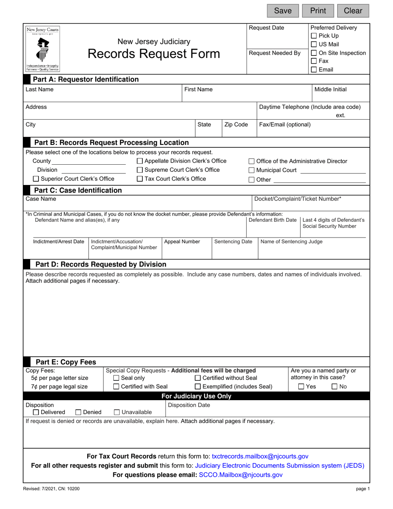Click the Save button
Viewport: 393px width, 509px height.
[283, 11]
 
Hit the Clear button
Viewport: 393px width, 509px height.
[353, 11]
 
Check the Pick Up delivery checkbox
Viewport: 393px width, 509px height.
[314, 36]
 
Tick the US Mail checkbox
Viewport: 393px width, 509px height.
[314, 45]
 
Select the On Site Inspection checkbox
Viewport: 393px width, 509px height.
[314, 53]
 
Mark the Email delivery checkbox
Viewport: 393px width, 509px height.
[314, 70]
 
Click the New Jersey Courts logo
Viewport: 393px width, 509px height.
[43, 49]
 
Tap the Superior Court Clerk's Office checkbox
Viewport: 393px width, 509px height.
[36, 179]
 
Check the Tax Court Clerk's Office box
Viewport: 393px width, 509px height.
[140, 179]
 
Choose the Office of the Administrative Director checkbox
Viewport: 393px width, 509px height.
[252, 161]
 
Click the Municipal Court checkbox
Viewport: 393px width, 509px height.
[252, 170]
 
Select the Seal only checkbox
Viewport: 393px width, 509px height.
[116, 378]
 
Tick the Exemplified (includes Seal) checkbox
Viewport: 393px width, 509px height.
[198, 387]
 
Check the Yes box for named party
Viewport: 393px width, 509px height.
[302, 387]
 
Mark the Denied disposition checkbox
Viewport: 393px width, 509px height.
[79, 413]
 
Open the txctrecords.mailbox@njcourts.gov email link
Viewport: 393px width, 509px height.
[260, 456]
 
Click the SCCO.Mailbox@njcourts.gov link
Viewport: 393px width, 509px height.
[241, 475]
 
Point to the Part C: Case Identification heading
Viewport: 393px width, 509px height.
[78, 190]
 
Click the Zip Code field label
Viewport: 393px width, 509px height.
[236, 125]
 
